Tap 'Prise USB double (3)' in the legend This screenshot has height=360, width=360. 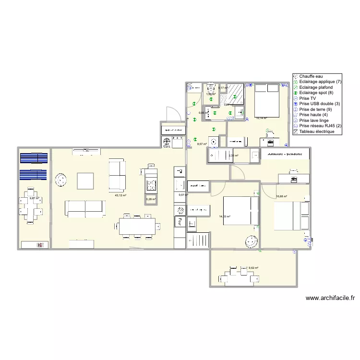(x=319, y=104)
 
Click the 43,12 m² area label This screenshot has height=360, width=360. (x=120, y=195)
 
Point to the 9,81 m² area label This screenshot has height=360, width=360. (x=34, y=198)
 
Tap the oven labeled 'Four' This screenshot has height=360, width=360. (x=180, y=221)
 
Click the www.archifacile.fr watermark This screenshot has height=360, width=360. (x=330, y=298)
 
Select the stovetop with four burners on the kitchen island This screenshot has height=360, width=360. (x=152, y=185)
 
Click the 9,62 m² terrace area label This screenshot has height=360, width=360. (x=253, y=268)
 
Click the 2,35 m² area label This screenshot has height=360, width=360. (x=233, y=156)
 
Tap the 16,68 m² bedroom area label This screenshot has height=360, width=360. (x=281, y=196)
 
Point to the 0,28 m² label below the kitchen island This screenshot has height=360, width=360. (x=151, y=199)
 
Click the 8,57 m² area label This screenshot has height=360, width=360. (x=202, y=144)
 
